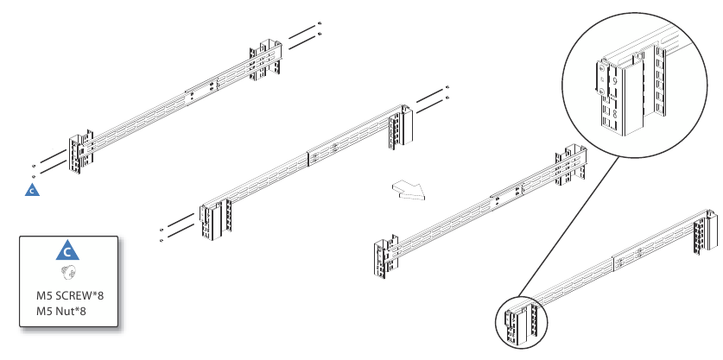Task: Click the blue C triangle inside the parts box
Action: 67,251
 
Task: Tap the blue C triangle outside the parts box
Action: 32,190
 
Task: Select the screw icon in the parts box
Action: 67,274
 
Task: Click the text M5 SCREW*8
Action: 70,295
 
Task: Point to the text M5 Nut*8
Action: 61,312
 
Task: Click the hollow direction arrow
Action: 409,190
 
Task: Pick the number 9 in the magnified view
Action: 615,81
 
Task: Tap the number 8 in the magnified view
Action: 615,113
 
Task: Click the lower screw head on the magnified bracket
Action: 602,91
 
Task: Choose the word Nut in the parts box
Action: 65,312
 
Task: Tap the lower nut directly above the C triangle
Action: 34,176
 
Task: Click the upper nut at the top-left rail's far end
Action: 320,23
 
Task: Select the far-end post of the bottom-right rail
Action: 705,232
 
